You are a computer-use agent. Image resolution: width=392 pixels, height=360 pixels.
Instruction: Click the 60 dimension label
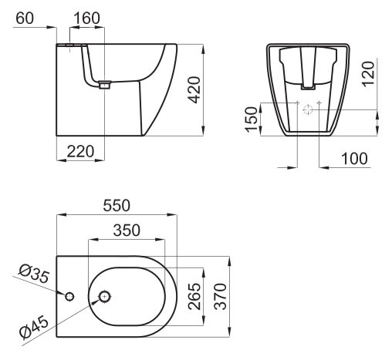[x=25, y=19]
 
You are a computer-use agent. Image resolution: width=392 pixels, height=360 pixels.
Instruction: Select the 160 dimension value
[x=86, y=19]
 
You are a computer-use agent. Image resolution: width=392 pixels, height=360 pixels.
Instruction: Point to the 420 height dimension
[x=194, y=89]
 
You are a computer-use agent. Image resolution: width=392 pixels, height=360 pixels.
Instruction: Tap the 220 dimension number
[x=80, y=151]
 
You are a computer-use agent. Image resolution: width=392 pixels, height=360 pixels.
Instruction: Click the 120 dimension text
[x=368, y=74]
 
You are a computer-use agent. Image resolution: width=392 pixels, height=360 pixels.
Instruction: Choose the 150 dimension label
[x=252, y=119]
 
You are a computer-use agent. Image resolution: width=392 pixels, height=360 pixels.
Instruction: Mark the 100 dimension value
[x=354, y=158]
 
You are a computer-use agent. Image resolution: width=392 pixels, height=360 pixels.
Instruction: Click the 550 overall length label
[x=117, y=206]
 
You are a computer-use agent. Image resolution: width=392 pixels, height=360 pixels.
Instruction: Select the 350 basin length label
[x=127, y=230]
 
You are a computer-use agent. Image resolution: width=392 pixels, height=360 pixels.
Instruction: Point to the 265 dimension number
[x=194, y=296]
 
